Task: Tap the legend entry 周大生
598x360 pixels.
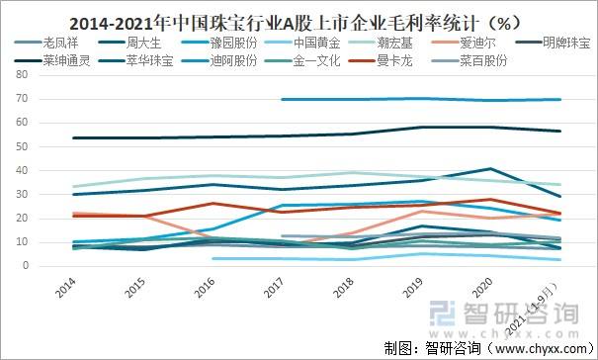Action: click(x=145, y=44)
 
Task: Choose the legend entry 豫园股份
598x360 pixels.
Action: click(x=234, y=44)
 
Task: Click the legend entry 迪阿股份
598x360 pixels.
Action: click(x=234, y=60)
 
